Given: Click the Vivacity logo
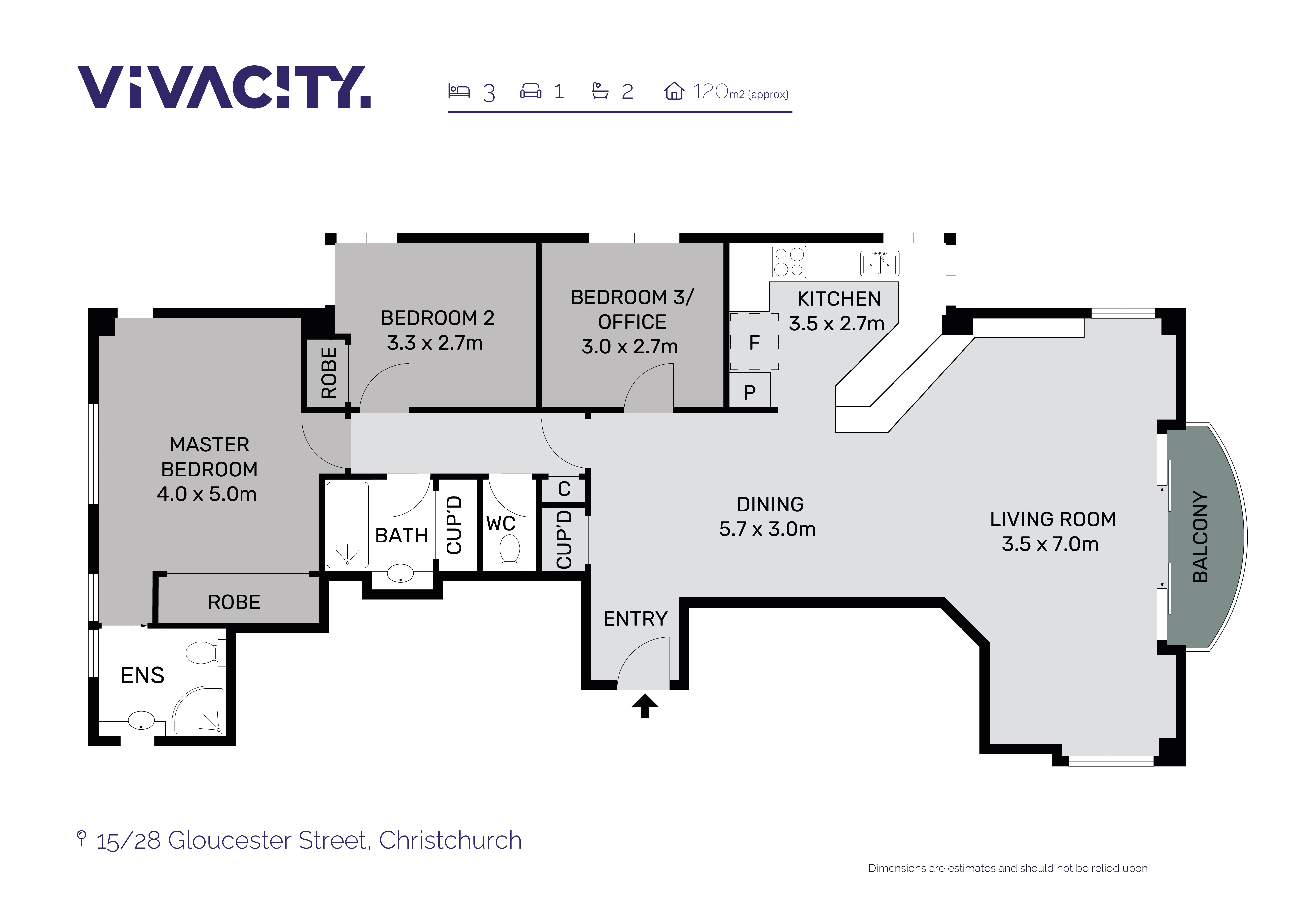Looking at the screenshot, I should [x=224, y=87].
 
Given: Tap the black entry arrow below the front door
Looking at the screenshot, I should [x=645, y=705].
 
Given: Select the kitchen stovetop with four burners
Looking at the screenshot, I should [x=789, y=262].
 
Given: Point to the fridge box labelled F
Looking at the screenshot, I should [x=754, y=342].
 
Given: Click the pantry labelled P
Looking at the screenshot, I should [x=750, y=391].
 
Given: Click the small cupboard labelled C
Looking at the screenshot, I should [x=564, y=489].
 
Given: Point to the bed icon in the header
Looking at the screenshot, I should [x=458, y=91].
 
